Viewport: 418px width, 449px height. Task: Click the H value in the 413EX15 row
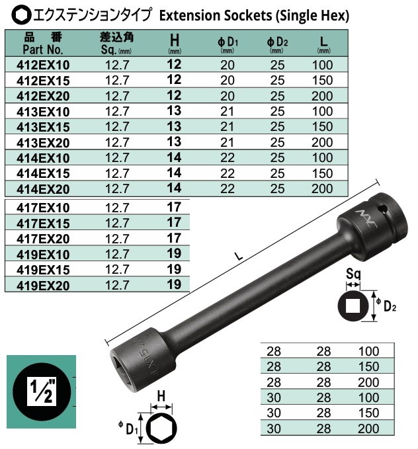pos(175,126)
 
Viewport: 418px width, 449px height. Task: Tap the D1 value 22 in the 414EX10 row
pos(227,157)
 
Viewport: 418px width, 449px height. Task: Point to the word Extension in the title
pos(187,14)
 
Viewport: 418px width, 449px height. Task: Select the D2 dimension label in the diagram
pos(390,306)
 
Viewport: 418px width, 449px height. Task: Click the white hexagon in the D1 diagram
pos(159,430)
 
